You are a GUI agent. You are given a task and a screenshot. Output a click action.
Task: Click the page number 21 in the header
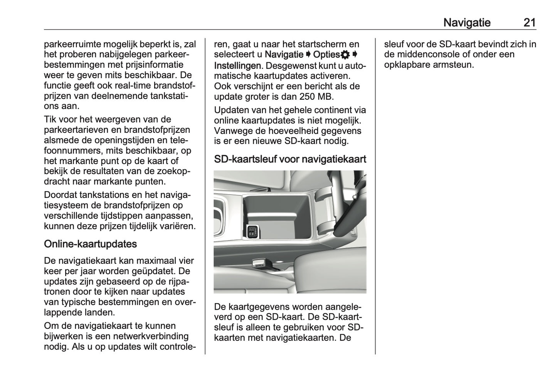pos(529,22)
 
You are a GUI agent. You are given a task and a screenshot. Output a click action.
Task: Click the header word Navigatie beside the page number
pos(467,22)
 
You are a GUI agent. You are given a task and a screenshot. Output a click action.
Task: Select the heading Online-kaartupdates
pos(91,244)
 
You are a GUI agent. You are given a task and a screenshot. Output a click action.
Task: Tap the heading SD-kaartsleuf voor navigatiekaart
pos(290,159)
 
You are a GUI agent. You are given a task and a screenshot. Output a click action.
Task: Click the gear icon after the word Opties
pos(345,55)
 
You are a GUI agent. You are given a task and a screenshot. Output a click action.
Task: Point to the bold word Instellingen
pos(237,65)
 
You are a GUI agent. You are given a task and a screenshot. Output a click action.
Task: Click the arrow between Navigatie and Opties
pos(308,55)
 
